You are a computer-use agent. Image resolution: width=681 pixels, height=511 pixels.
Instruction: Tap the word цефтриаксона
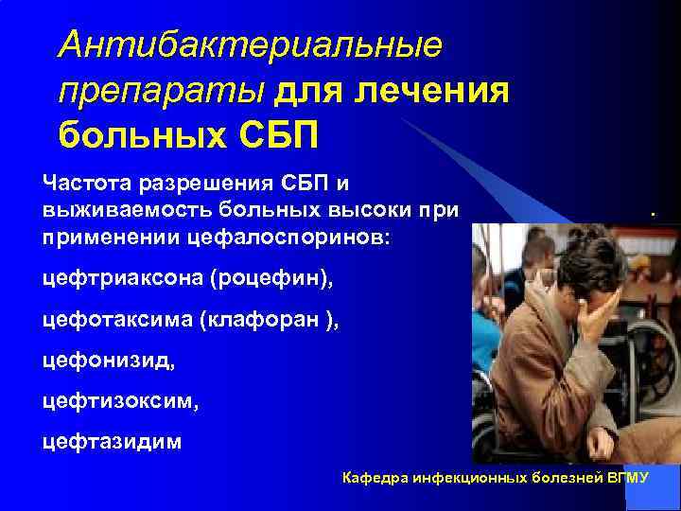point(123,279)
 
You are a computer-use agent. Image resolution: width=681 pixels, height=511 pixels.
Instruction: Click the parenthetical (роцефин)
point(273,279)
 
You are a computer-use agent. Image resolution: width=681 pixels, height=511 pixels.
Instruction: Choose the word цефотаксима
point(117,320)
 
